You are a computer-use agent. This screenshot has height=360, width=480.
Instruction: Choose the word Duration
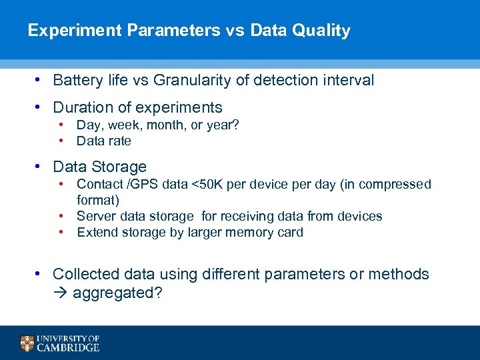pyautogui.click(x=83, y=107)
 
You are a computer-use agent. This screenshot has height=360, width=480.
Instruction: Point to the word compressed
pyautogui.click(x=398, y=184)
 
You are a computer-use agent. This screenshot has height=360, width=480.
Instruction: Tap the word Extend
pyautogui.click(x=97, y=232)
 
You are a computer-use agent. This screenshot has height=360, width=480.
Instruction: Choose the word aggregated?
pyautogui.click(x=117, y=293)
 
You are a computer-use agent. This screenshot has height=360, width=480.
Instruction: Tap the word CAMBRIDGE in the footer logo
pyautogui.click(x=68, y=347)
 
